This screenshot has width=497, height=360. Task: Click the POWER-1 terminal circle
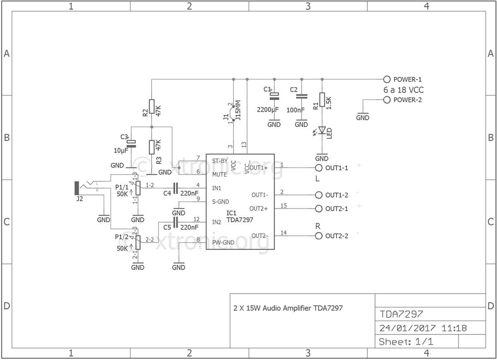pos(387,79)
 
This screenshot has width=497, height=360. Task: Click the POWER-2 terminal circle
pos(387,100)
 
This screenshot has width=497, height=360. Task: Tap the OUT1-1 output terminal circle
pos(318,168)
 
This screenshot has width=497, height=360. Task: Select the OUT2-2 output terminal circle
pos(318,236)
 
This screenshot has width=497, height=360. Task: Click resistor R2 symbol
pos(152,106)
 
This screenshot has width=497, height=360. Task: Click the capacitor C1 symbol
pos(274,96)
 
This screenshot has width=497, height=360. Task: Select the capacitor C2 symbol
pos(301,96)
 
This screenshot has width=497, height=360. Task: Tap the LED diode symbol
pos(322,131)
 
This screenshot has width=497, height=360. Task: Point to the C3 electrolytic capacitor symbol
pos(131,144)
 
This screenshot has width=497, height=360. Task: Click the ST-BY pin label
pos(220,160)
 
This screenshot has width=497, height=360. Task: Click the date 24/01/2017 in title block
pos(408,328)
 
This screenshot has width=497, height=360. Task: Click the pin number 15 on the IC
pos(283,206)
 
